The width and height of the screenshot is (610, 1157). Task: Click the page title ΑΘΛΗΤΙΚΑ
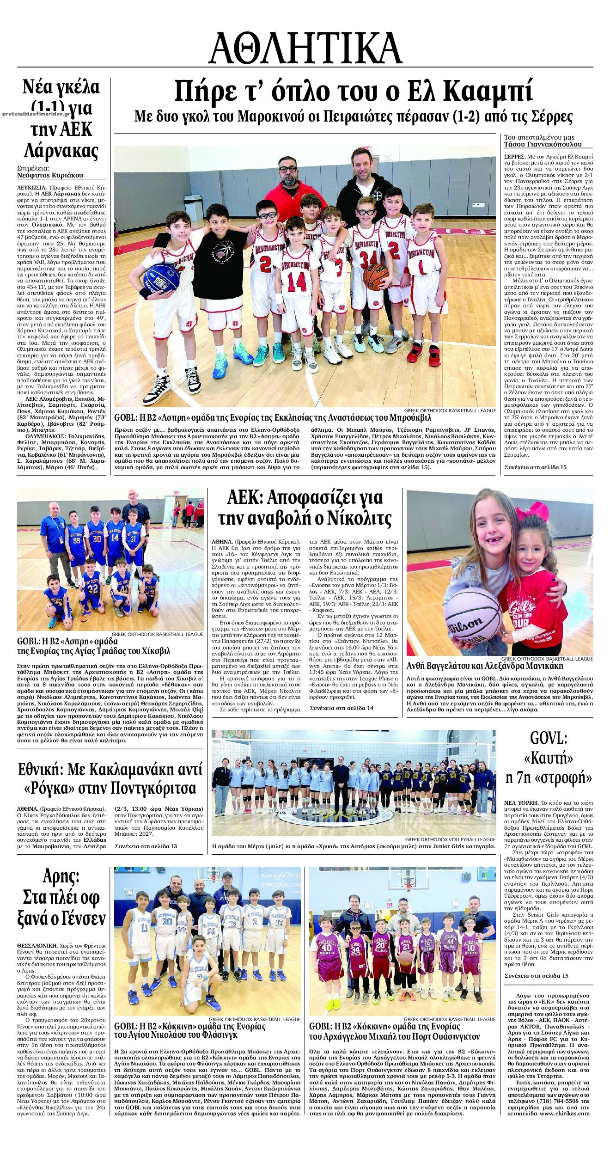point(305,49)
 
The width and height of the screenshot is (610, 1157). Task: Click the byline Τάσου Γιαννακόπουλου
point(543,144)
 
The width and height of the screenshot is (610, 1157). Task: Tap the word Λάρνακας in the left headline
point(61,151)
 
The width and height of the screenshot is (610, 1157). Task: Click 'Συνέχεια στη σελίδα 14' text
point(342,708)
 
